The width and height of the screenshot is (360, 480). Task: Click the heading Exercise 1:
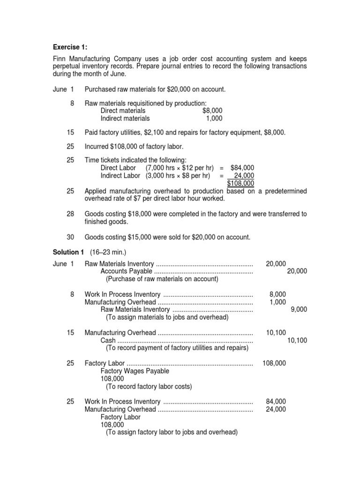pyautogui.click(x=70, y=47)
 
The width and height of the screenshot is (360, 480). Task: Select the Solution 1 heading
pyautogui.click(x=68, y=253)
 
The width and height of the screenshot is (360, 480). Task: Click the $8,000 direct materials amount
pyautogui.click(x=212, y=111)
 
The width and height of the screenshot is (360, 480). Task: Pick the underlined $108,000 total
pyautogui.click(x=240, y=183)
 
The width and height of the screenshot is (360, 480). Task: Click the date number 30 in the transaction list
pyautogui.click(x=70, y=237)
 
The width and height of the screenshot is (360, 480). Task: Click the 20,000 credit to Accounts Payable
pyautogui.click(x=297, y=271)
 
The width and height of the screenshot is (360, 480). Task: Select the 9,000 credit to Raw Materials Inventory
pyautogui.click(x=299, y=309)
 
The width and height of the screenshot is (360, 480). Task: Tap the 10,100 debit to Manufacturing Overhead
pyautogui.click(x=276, y=332)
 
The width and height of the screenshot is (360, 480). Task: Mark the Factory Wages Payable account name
pyautogui.click(x=135, y=371)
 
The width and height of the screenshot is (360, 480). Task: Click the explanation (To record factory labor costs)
pyautogui.click(x=149, y=386)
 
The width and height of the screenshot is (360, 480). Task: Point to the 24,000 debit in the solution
pyautogui.click(x=276, y=409)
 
